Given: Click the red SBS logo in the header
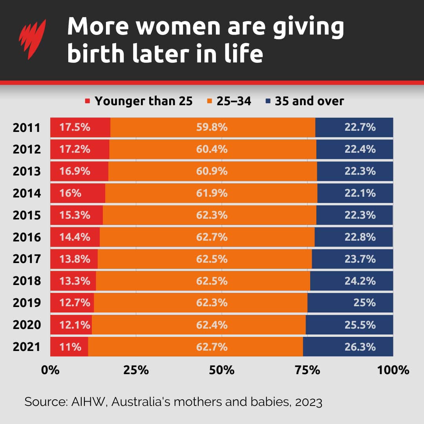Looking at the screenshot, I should tap(33, 39).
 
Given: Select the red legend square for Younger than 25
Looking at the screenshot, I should tap(88, 102).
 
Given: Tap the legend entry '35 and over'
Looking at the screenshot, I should tap(309, 101).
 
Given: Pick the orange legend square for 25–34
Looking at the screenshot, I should tap(209, 102).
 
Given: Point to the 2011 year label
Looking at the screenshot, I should tap(26, 128).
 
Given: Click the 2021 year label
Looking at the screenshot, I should tap(26, 347).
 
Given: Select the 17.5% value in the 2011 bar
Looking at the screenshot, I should tap(75, 128).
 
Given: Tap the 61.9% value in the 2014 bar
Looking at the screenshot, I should tap(212, 193).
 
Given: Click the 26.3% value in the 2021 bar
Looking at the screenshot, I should tap(360, 347).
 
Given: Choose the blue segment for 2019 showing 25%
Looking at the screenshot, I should tap(350, 303).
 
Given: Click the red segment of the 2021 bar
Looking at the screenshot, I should tap(69, 347).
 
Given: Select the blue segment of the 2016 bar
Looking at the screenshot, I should tap(353, 237).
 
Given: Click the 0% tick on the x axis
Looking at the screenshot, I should tap(51, 370).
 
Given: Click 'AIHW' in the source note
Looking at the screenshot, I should tap(88, 402).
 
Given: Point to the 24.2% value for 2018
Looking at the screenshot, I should tap(360, 281).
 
